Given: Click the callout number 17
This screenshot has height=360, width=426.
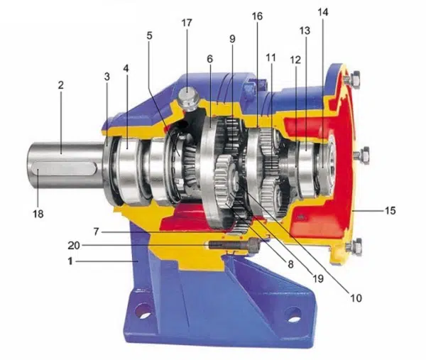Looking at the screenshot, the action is point(187,23).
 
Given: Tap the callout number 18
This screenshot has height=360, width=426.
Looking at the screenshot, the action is point(38,214).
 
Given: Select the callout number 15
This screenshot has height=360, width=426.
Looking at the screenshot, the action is point(390,210).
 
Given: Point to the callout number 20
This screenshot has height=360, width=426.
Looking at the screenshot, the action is point(74,246).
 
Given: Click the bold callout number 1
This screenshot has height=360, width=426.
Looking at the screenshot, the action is point(70,261).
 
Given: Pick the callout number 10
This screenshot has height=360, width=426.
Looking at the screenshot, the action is point(356,298).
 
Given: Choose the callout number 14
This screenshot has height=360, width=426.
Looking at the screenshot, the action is point(323,12).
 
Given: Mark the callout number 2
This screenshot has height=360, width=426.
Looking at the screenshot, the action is point(60,85).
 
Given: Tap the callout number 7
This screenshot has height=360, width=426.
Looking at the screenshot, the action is point(97,231).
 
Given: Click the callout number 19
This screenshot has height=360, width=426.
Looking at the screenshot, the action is point(318,278).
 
